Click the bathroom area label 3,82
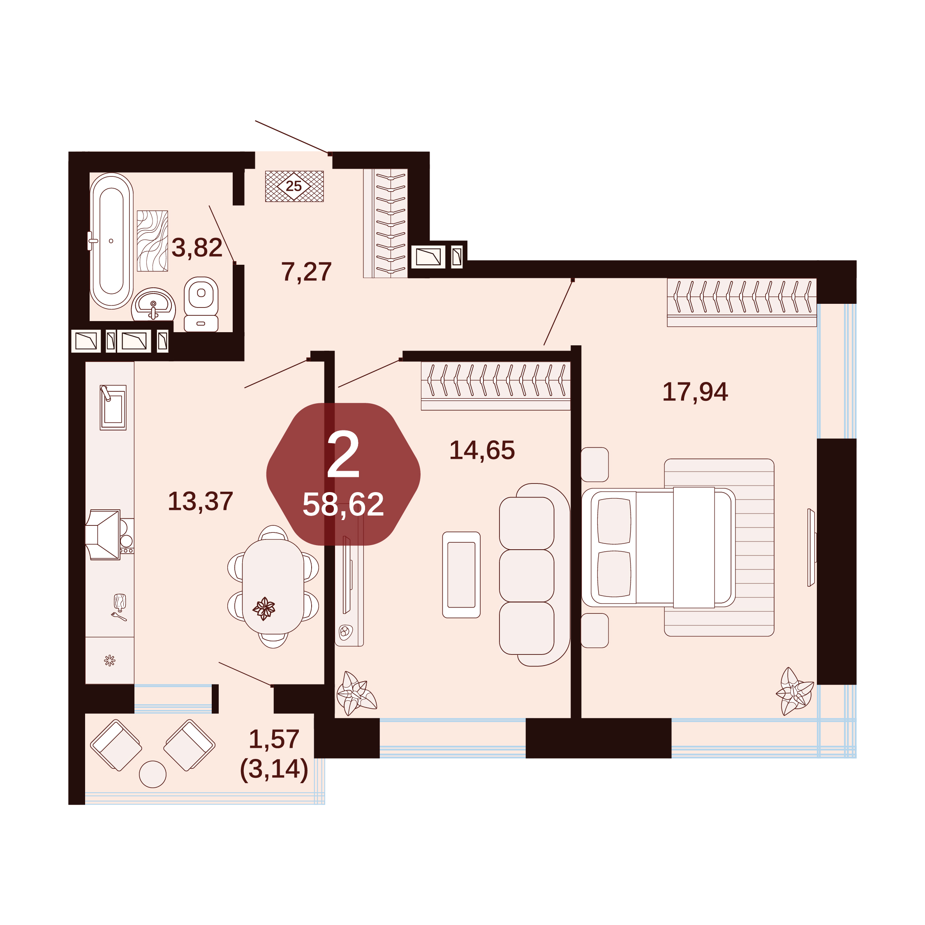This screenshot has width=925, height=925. point(197,248)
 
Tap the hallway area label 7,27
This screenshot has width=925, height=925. point(306,272)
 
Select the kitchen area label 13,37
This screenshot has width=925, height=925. point(200,502)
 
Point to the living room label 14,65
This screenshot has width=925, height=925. point(482,451)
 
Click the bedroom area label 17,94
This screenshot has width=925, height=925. point(695,392)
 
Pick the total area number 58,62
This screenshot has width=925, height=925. point(343,504)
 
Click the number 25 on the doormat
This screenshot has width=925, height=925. point(294,186)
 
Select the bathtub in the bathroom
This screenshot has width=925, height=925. point(111,241)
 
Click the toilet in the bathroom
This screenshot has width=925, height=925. point(201,304)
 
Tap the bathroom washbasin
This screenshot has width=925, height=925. point(153,305)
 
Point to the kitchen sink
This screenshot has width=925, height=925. point(113,407)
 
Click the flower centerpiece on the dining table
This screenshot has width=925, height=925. point(264,608)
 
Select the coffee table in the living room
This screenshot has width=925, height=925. point(461,575)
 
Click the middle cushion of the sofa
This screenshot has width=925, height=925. point(527,576)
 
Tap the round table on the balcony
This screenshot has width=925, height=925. point(153,774)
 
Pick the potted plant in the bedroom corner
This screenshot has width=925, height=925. point(795,691)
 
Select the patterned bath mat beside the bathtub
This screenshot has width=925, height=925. point(152,241)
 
